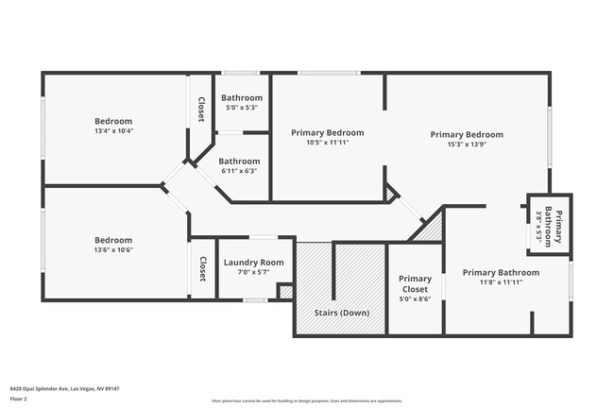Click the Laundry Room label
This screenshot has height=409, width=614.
(253, 262)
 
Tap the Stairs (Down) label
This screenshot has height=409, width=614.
(341, 313)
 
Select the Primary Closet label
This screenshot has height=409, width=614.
(415, 283)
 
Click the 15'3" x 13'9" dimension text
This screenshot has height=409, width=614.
(467, 145)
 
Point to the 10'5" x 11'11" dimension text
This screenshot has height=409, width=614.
(327, 144)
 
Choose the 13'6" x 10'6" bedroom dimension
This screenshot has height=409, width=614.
(113, 250)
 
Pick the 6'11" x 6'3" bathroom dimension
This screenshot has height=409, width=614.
(240, 171)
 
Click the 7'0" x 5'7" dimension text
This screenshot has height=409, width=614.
(253, 272)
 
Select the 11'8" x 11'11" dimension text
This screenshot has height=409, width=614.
(501, 282)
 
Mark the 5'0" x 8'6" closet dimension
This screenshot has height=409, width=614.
(415, 298)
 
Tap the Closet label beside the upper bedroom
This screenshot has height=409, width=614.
(201, 110)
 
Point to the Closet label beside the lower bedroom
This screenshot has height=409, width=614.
(202, 268)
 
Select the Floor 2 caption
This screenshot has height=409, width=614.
(19, 399)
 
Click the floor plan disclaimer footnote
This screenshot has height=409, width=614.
(306, 400)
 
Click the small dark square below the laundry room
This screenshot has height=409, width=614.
(285, 292)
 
